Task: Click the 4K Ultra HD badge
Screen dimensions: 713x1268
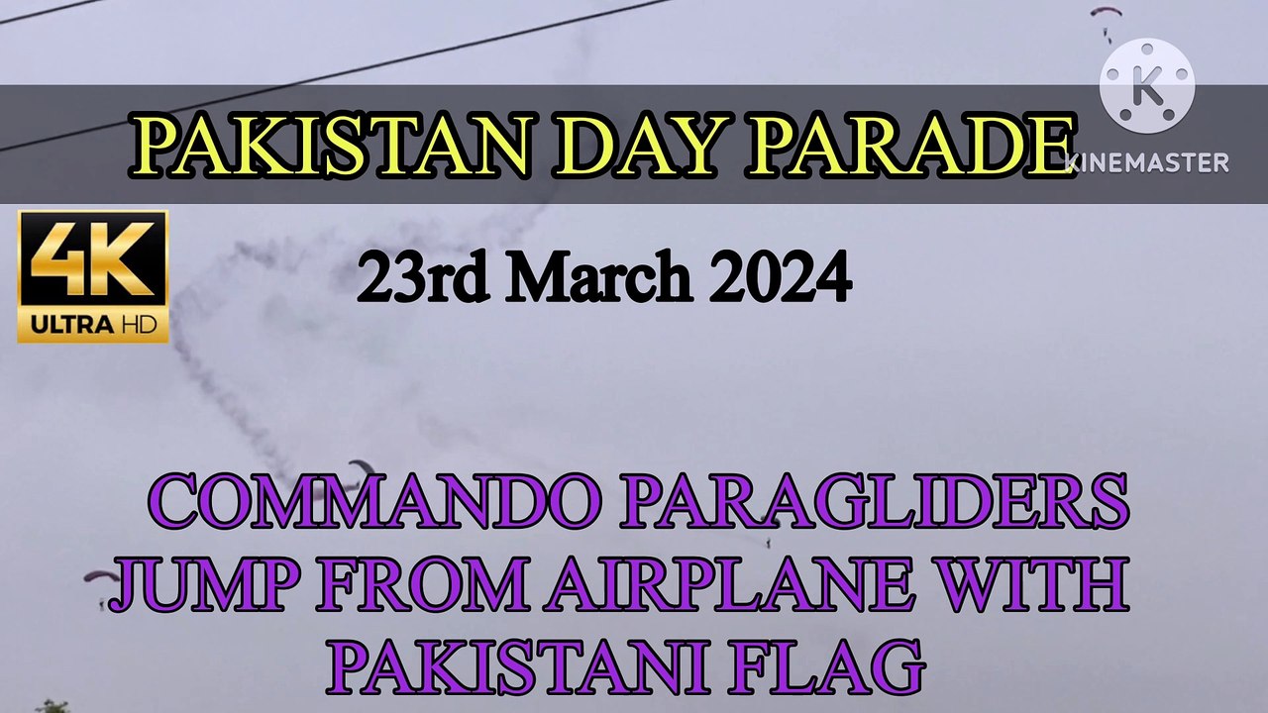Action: tap(93, 276)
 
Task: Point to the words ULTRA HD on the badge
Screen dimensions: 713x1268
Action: tap(93, 325)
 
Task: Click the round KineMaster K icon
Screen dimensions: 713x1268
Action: tap(1147, 87)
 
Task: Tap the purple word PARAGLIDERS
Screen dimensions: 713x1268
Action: tap(874, 502)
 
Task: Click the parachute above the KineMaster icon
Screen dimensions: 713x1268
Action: tap(1105, 14)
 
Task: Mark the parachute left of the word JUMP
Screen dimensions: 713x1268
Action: tap(99, 579)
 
